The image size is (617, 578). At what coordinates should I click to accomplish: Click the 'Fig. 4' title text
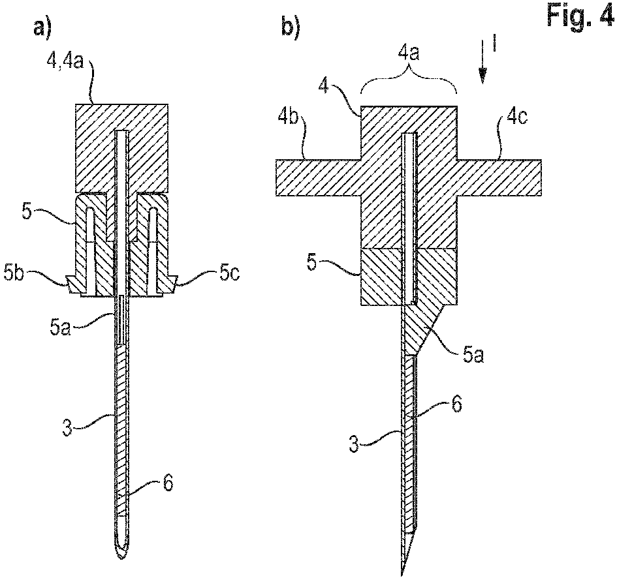(578, 16)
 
